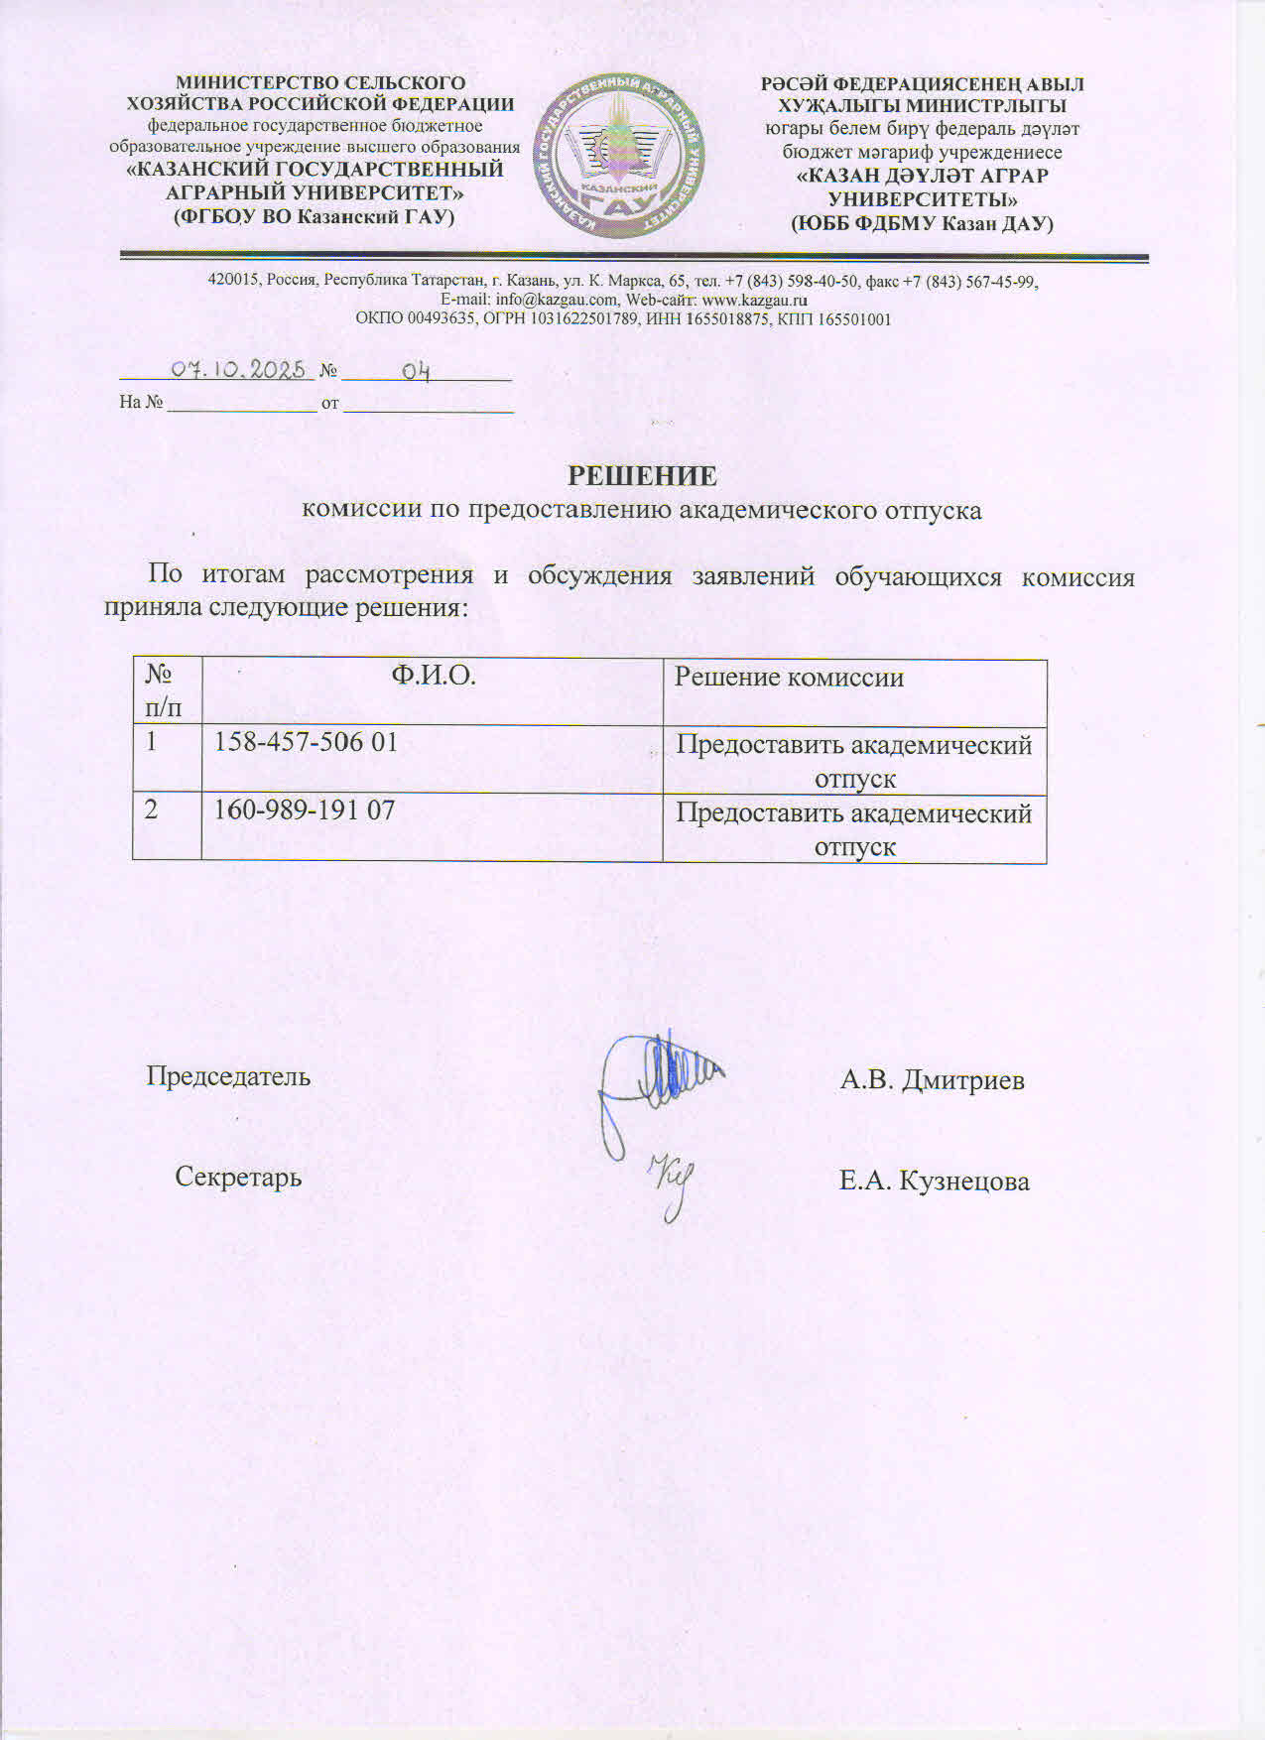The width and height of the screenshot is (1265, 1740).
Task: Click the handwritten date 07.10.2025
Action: tap(238, 370)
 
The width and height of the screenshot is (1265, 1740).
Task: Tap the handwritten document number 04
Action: tap(416, 372)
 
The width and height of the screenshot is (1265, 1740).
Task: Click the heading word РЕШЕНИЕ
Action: tap(642, 476)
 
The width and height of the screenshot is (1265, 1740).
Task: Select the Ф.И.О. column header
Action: tap(433, 677)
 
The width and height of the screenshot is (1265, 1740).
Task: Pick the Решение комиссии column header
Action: tap(789, 678)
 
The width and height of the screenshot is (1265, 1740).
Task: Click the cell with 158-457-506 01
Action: tap(306, 742)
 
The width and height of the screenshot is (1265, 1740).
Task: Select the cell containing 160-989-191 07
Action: tap(305, 810)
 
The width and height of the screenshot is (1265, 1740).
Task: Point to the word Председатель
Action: tap(228, 1076)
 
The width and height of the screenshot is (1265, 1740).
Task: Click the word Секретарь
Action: tap(238, 1178)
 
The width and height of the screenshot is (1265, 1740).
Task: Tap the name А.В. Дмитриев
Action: tap(932, 1080)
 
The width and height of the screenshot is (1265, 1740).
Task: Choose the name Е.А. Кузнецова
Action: tap(934, 1181)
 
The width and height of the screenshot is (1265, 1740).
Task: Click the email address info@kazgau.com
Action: tap(556, 300)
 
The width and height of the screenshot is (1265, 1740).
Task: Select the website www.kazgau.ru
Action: tap(754, 300)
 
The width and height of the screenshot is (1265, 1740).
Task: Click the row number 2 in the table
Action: tap(151, 810)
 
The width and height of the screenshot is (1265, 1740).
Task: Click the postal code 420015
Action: tap(230, 280)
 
